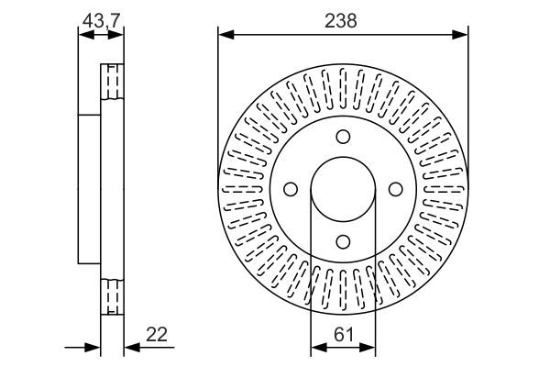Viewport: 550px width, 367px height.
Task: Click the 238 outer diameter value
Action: tap(343, 19)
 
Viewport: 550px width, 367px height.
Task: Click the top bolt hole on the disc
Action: tap(343, 137)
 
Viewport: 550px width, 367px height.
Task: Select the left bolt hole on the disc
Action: tap(291, 189)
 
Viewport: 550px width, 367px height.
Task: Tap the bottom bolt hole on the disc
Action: tap(343, 241)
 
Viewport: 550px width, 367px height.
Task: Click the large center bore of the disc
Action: tap(343, 189)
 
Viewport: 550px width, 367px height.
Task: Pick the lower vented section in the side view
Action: tap(111, 295)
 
